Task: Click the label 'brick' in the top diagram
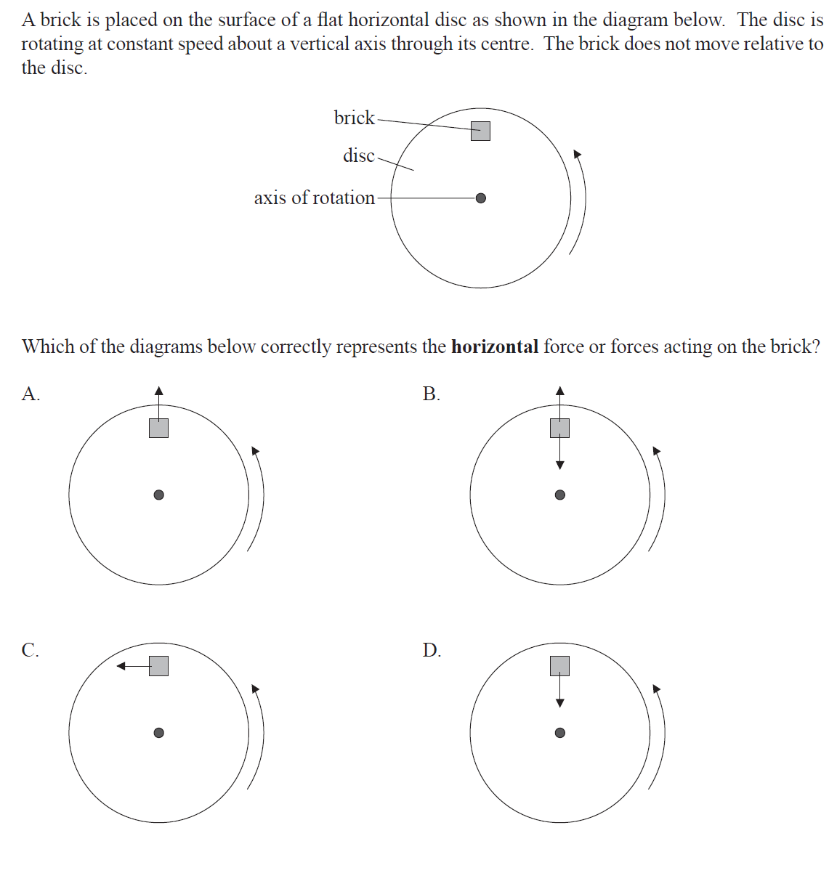[x=354, y=118]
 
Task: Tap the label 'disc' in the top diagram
[x=358, y=155]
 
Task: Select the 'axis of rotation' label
[x=314, y=198]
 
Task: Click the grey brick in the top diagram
[x=480, y=131]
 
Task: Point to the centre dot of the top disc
[x=480, y=198]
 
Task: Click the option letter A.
[x=30, y=394]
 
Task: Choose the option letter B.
[x=431, y=394]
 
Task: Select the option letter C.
[x=30, y=649]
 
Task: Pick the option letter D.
[x=431, y=649]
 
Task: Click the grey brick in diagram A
[x=158, y=428]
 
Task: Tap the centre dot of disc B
[x=559, y=495]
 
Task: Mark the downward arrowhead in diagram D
[x=559, y=702]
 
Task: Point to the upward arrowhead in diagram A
[x=158, y=391]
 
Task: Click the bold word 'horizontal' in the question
[x=494, y=346]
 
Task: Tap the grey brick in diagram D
[x=559, y=665]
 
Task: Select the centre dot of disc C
[x=158, y=732]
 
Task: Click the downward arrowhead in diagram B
[x=559, y=465]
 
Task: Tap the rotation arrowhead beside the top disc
[x=578, y=154]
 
